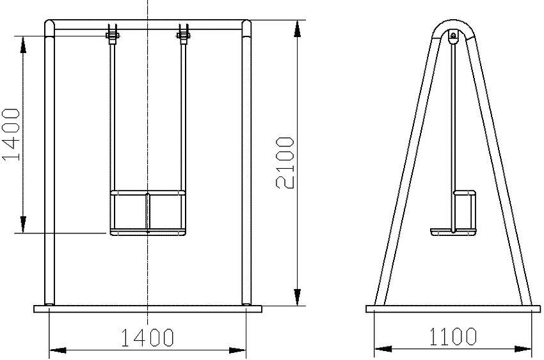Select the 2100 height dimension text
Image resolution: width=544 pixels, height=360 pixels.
(285, 162)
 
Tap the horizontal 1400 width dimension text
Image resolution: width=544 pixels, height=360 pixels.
(147, 337)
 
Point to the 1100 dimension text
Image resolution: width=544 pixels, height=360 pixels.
(452, 336)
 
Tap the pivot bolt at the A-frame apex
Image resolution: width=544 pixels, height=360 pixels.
(453, 36)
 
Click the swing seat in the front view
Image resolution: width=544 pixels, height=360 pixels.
(148, 212)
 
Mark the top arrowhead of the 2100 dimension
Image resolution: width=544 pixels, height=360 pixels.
(297, 29)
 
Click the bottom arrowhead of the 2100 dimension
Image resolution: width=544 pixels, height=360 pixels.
(297, 297)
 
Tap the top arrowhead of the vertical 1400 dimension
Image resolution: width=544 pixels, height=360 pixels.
(23, 44)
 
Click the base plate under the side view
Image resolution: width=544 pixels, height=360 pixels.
(453, 309)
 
